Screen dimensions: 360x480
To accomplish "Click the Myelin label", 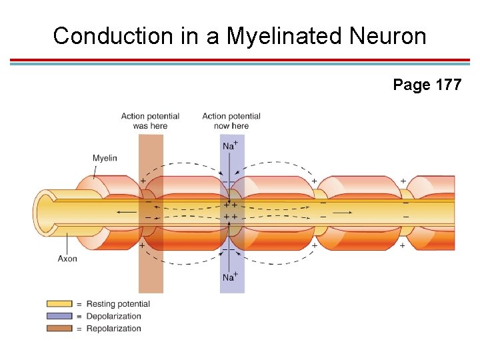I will [105, 158].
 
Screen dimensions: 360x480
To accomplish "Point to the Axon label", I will [67, 259].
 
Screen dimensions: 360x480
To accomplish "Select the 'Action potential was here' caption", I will [150, 121].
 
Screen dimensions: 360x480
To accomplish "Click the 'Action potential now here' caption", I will [231, 121].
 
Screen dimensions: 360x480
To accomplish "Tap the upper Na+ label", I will [230, 145].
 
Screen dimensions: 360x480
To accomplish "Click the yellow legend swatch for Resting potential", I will [59, 304].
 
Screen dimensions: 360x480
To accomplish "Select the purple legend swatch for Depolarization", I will [59, 316].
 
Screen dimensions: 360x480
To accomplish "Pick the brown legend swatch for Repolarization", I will [59, 328].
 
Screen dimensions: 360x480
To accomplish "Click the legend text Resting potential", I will [118, 304].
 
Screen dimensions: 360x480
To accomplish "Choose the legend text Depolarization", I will [114, 316].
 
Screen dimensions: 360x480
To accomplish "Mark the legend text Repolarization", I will [114, 328].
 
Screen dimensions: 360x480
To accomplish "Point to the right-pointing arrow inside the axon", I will [342, 212].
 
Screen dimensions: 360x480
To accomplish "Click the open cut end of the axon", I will [45, 212].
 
